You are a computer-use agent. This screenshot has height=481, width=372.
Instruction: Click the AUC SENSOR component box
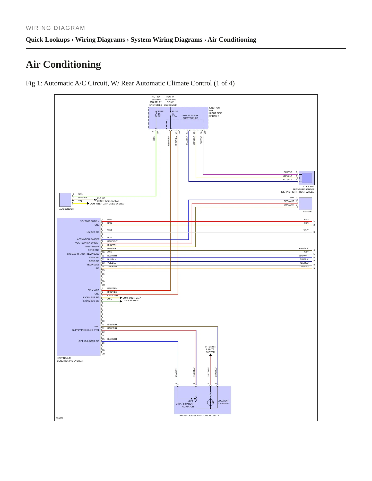click(x=65, y=200)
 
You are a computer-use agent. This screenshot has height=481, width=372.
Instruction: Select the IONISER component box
click(x=306, y=204)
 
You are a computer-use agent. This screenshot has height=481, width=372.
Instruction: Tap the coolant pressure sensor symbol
click(x=307, y=178)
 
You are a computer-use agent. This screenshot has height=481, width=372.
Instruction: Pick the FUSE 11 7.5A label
click(x=175, y=114)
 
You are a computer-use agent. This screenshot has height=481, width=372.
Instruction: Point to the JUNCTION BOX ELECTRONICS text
click(x=190, y=117)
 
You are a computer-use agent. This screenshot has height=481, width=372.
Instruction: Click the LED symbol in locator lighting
click(x=211, y=403)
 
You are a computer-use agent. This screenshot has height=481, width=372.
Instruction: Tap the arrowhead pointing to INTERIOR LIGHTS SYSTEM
click(x=211, y=355)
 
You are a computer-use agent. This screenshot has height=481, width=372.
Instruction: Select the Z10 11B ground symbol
click(x=95, y=200)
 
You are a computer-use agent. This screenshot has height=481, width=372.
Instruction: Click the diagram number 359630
click(x=60, y=418)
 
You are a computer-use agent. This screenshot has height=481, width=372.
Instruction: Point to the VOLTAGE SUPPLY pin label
click(x=90, y=221)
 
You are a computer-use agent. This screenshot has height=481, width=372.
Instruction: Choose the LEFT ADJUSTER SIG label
click(x=88, y=341)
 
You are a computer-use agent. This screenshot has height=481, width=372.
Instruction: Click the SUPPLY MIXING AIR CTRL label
click(x=86, y=330)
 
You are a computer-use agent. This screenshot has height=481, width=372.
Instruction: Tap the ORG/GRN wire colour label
click(x=113, y=296)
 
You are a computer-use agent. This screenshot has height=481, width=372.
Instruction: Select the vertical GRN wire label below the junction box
click(x=154, y=138)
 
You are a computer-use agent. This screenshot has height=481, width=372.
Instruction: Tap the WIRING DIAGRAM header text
click(x=55, y=28)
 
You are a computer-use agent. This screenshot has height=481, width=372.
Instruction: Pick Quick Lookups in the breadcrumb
click(x=48, y=40)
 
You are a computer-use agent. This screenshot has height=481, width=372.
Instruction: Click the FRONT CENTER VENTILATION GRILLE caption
click(x=200, y=415)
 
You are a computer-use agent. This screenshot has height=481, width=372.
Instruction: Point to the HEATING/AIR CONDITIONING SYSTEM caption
click(x=70, y=359)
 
